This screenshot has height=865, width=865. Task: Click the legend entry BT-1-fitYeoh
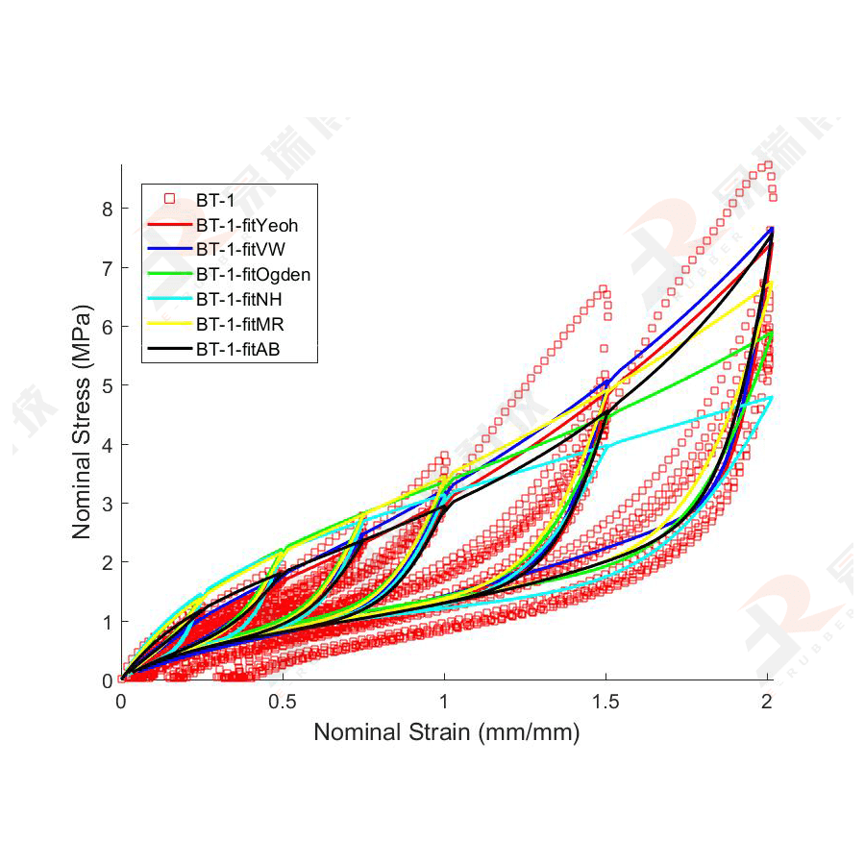click(x=246, y=225)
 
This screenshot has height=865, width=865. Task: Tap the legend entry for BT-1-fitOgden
click(x=253, y=275)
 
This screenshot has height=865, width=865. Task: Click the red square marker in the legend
click(x=168, y=200)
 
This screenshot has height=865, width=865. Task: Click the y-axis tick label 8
click(x=107, y=209)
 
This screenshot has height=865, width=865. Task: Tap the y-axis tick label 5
click(x=107, y=385)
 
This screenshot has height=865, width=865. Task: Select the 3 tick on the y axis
click(x=107, y=504)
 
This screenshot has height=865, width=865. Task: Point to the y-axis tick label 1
click(x=107, y=622)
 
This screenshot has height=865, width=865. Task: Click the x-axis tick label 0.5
click(x=283, y=702)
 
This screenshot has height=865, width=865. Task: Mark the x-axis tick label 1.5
click(x=605, y=702)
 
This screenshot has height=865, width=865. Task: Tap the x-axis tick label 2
click(x=767, y=702)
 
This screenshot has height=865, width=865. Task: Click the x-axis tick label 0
click(x=121, y=702)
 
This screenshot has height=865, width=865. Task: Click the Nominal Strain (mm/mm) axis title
click(x=447, y=732)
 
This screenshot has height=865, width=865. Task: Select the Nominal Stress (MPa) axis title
click(x=83, y=423)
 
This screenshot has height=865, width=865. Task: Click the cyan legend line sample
click(x=168, y=300)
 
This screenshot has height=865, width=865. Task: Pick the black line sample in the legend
click(x=168, y=350)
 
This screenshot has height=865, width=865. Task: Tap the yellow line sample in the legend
click(x=168, y=325)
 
